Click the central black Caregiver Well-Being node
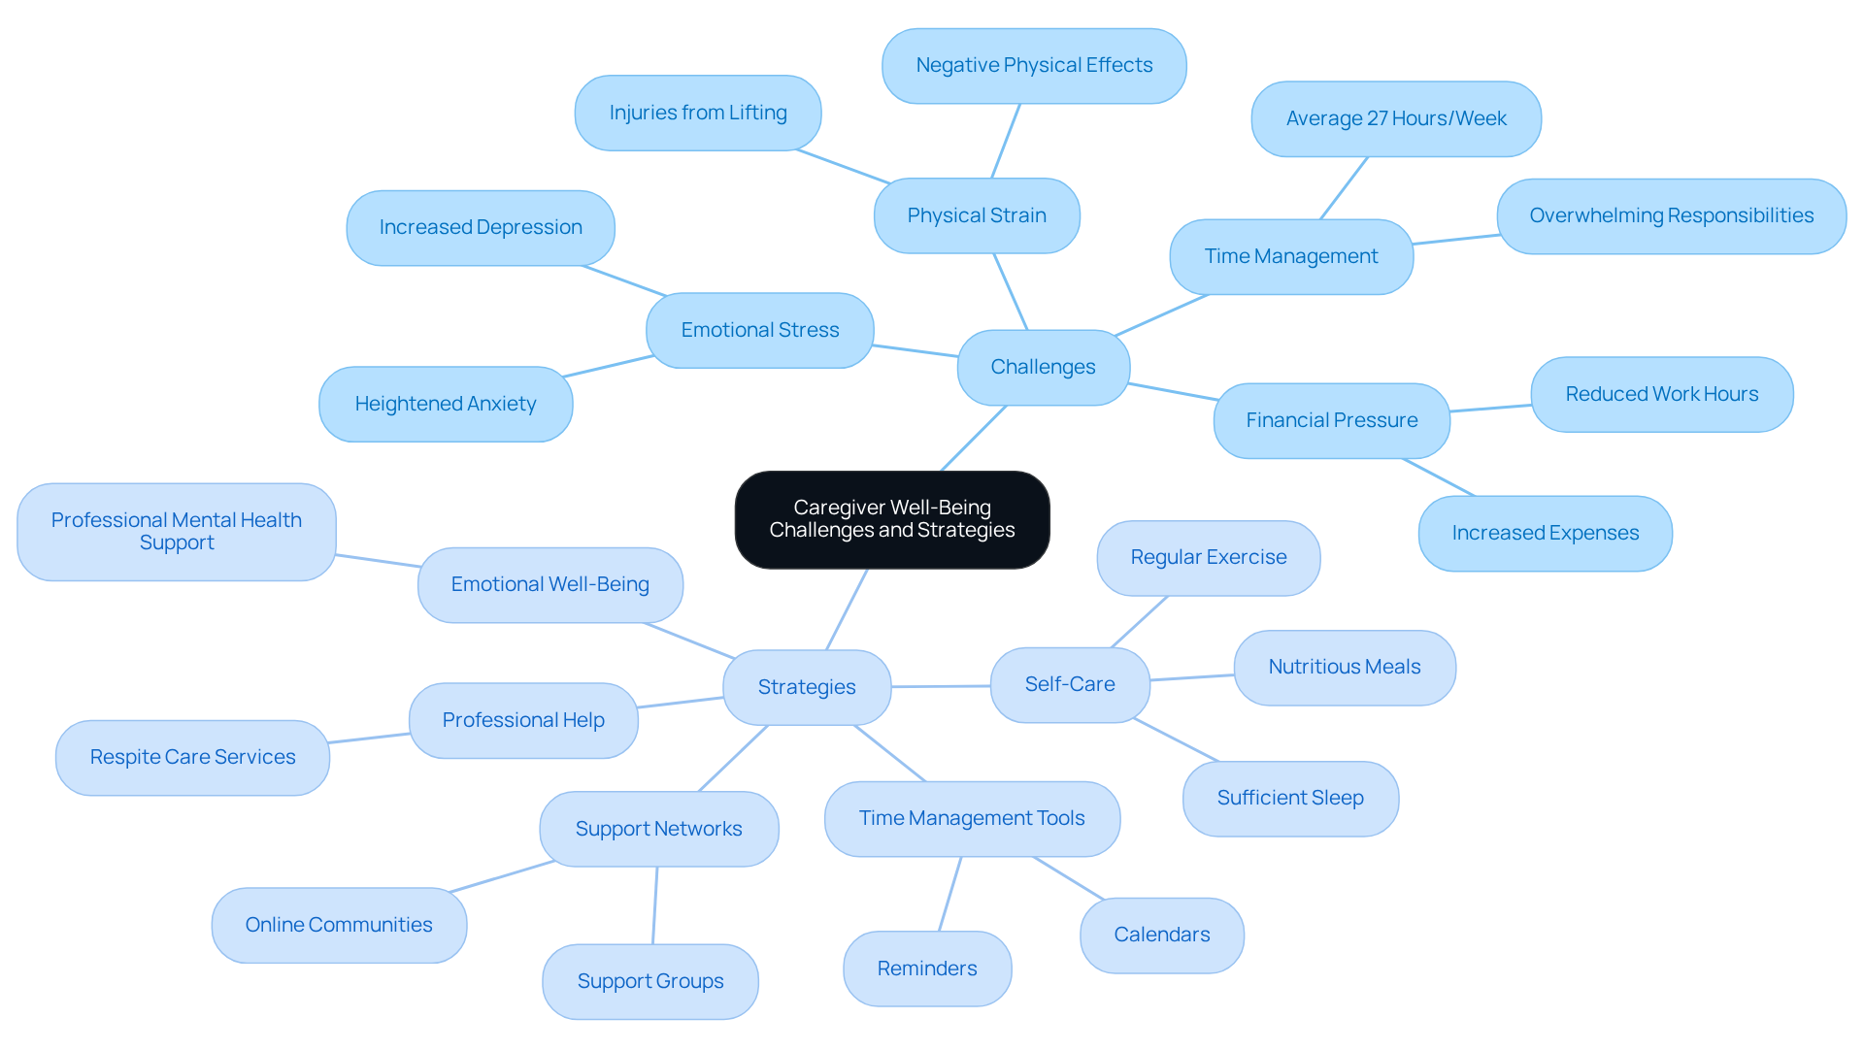point(891,519)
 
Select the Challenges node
point(1043,367)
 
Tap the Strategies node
point(806,687)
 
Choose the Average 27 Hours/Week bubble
point(1395,118)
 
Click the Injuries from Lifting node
point(697,113)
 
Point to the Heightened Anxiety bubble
point(445,404)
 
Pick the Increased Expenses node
point(1544,533)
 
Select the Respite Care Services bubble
point(192,757)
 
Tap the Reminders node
point(926,969)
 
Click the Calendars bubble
point(1161,935)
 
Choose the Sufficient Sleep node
point(1289,798)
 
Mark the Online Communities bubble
point(338,925)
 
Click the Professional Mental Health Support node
point(176,531)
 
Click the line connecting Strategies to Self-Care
point(940,686)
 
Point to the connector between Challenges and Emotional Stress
point(915,350)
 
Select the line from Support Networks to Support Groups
point(654,905)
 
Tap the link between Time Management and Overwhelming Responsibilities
point(1455,239)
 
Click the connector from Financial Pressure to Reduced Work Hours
point(1490,409)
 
